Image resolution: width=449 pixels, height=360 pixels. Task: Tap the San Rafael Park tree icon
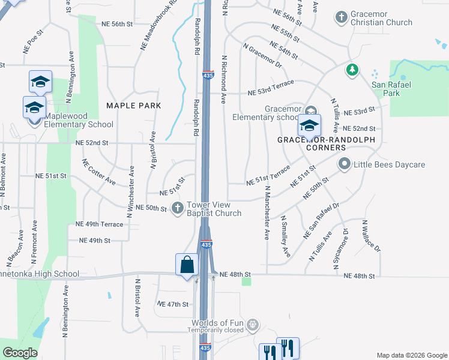point(352,71)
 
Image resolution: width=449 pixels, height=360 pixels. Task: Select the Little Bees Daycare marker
point(345,163)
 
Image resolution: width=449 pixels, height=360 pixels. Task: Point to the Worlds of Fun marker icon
point(253,325)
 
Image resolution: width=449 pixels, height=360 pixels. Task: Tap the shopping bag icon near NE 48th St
point(187,265)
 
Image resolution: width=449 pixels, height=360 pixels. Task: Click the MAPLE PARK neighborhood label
point(134,106)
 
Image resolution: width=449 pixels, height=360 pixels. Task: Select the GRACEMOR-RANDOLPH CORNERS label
point(326,143)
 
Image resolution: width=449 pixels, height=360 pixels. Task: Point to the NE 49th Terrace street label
point(99,224)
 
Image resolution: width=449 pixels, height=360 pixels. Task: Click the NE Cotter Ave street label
point(99,172)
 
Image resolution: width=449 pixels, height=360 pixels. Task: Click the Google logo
point(20,353)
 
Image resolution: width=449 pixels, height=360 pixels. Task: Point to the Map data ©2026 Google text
point(411,355)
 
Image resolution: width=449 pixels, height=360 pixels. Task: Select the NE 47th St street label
point(173,305)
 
